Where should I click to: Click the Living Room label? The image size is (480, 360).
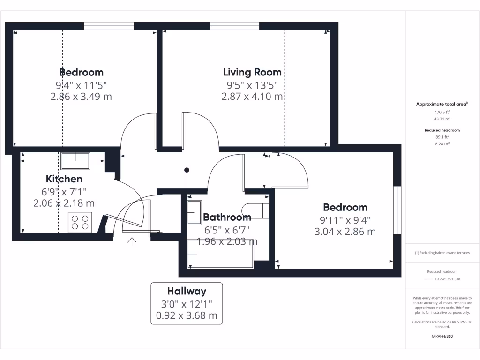[252, 72]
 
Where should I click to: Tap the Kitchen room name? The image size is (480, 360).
[64, 179]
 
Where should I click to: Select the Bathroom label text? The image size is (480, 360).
[227, 217]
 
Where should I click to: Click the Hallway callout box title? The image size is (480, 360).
[187, 291]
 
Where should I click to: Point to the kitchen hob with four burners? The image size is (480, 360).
[80, 222]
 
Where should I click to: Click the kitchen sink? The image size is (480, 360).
[75, 161]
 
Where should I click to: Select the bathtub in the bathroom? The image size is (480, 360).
[220, 254]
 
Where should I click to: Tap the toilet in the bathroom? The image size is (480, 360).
[255, 211]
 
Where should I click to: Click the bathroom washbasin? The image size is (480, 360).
[194, 213]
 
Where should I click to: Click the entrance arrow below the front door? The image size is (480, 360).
[132, 242]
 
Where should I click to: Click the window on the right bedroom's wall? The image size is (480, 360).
[397, 210]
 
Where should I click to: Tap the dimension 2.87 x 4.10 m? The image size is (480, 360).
[252, 97]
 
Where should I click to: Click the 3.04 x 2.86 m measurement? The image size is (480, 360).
[345, 231]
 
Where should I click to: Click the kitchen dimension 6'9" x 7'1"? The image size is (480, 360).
[64, 191]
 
